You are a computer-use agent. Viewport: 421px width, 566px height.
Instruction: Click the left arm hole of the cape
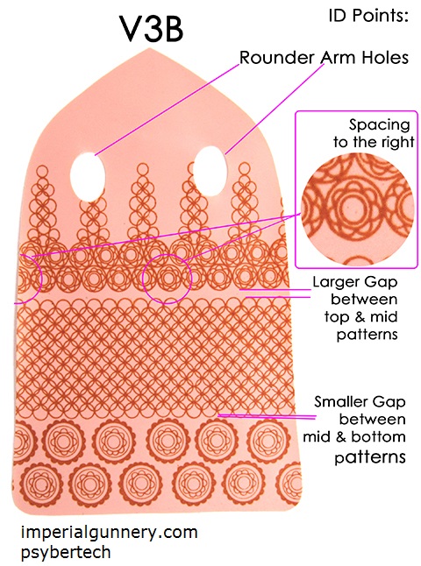88,176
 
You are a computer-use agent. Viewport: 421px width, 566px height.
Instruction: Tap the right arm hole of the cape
210,171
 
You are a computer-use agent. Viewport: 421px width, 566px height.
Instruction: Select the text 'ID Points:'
368,16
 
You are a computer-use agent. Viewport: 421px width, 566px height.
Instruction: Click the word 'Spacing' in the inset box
380,125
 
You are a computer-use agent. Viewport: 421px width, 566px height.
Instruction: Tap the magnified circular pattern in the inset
357,209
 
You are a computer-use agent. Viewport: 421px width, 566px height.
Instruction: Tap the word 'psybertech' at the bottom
66,553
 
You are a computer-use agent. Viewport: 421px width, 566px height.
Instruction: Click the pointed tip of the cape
151,49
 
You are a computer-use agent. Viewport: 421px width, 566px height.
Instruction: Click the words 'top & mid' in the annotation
360,317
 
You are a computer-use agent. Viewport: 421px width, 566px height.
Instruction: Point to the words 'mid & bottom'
353,437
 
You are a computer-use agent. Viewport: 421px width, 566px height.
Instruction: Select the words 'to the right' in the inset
374,142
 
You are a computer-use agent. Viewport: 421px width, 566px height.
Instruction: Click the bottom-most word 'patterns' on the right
369,457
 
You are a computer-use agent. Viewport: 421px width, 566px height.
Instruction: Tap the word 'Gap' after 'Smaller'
389,402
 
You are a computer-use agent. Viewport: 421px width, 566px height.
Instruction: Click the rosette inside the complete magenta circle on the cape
167,279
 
